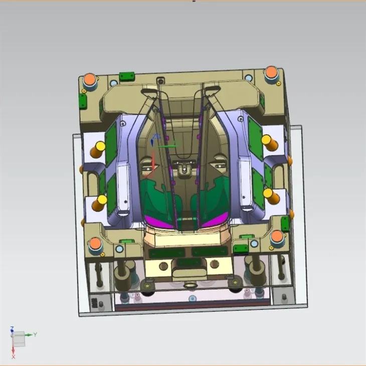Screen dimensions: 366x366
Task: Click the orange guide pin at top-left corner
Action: (x=90, y=79)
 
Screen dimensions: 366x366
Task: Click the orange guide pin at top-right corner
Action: (x=272, y=72)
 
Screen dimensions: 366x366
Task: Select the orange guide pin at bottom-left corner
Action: (x=95, y=245)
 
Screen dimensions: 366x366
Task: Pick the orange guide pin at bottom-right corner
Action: (x=277, y=237)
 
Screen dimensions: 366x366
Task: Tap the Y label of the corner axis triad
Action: (x=35, y=334)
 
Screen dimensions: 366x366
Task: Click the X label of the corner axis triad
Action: (x=14, y=356)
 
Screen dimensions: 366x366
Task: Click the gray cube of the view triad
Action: (x=18, y=339)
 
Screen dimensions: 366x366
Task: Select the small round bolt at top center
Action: (x=160, y=80)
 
